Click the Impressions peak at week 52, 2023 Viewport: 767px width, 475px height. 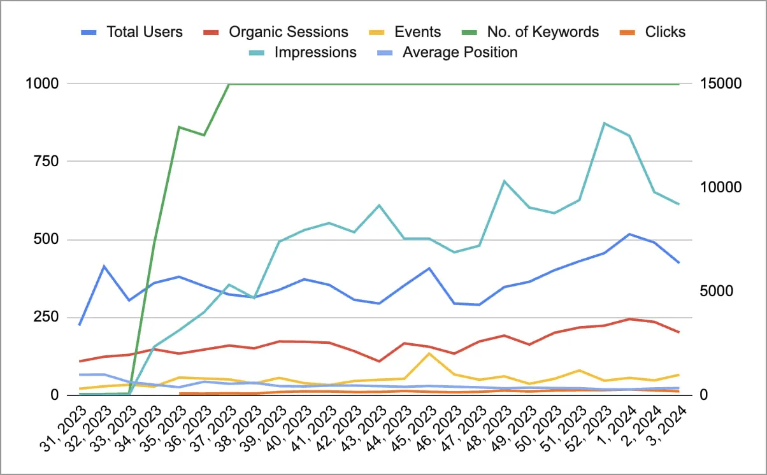coord(604,123)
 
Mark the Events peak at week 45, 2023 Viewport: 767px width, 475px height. coord(429,353)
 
